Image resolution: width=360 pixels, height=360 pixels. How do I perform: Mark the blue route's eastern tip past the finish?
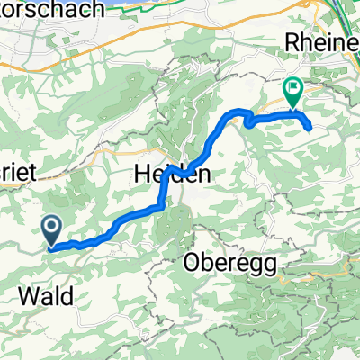(311, 128)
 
